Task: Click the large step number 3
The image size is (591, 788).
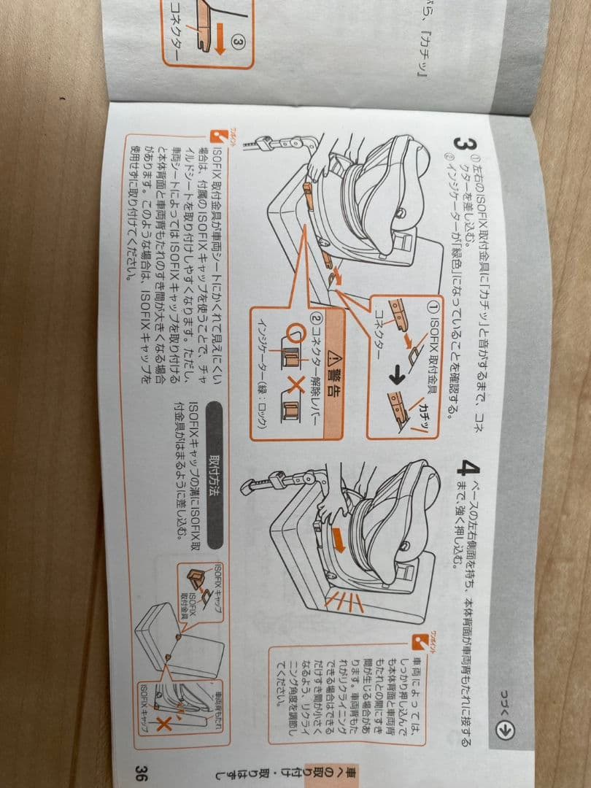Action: [461, 144]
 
